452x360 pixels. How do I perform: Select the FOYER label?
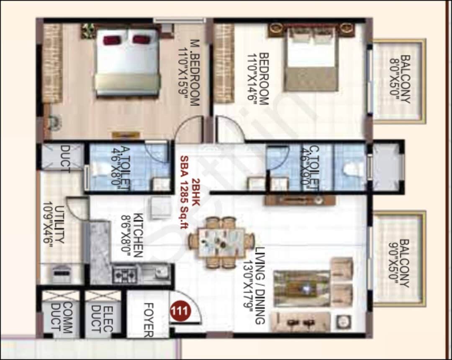(149, 320)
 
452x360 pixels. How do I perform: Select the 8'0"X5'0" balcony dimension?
(394, 80)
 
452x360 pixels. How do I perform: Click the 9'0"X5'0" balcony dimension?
(393, 263)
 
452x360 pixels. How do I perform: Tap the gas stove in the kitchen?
(125, 274)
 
